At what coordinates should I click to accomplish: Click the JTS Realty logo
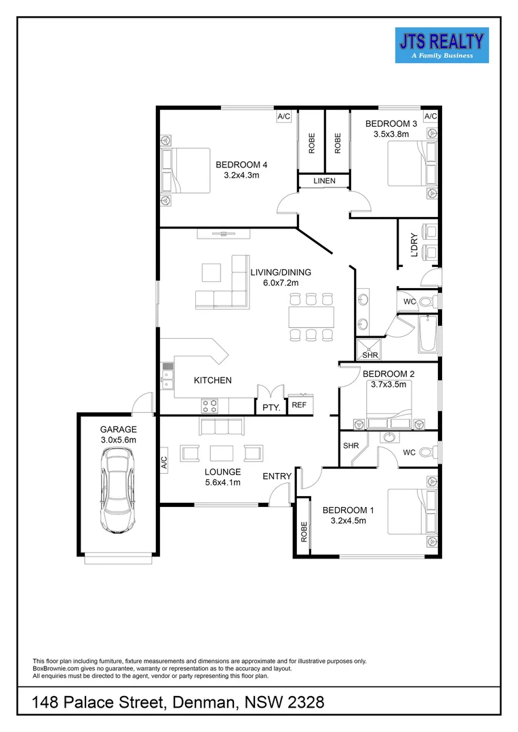441,45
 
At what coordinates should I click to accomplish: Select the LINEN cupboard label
324,181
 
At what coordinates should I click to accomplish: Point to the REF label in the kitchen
299,405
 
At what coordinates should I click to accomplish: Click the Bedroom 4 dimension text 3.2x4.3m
242,175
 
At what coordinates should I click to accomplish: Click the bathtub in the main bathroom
427,333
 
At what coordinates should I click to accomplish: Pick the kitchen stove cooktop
210,405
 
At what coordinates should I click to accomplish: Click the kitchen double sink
167,377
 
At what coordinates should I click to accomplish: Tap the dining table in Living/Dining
311,317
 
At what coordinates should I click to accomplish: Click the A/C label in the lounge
163,463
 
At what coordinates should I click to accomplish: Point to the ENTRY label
277,476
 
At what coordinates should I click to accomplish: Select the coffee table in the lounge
222,452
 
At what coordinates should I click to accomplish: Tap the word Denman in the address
202,704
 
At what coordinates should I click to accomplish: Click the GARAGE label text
119,429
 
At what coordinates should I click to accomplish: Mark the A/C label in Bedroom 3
430,117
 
